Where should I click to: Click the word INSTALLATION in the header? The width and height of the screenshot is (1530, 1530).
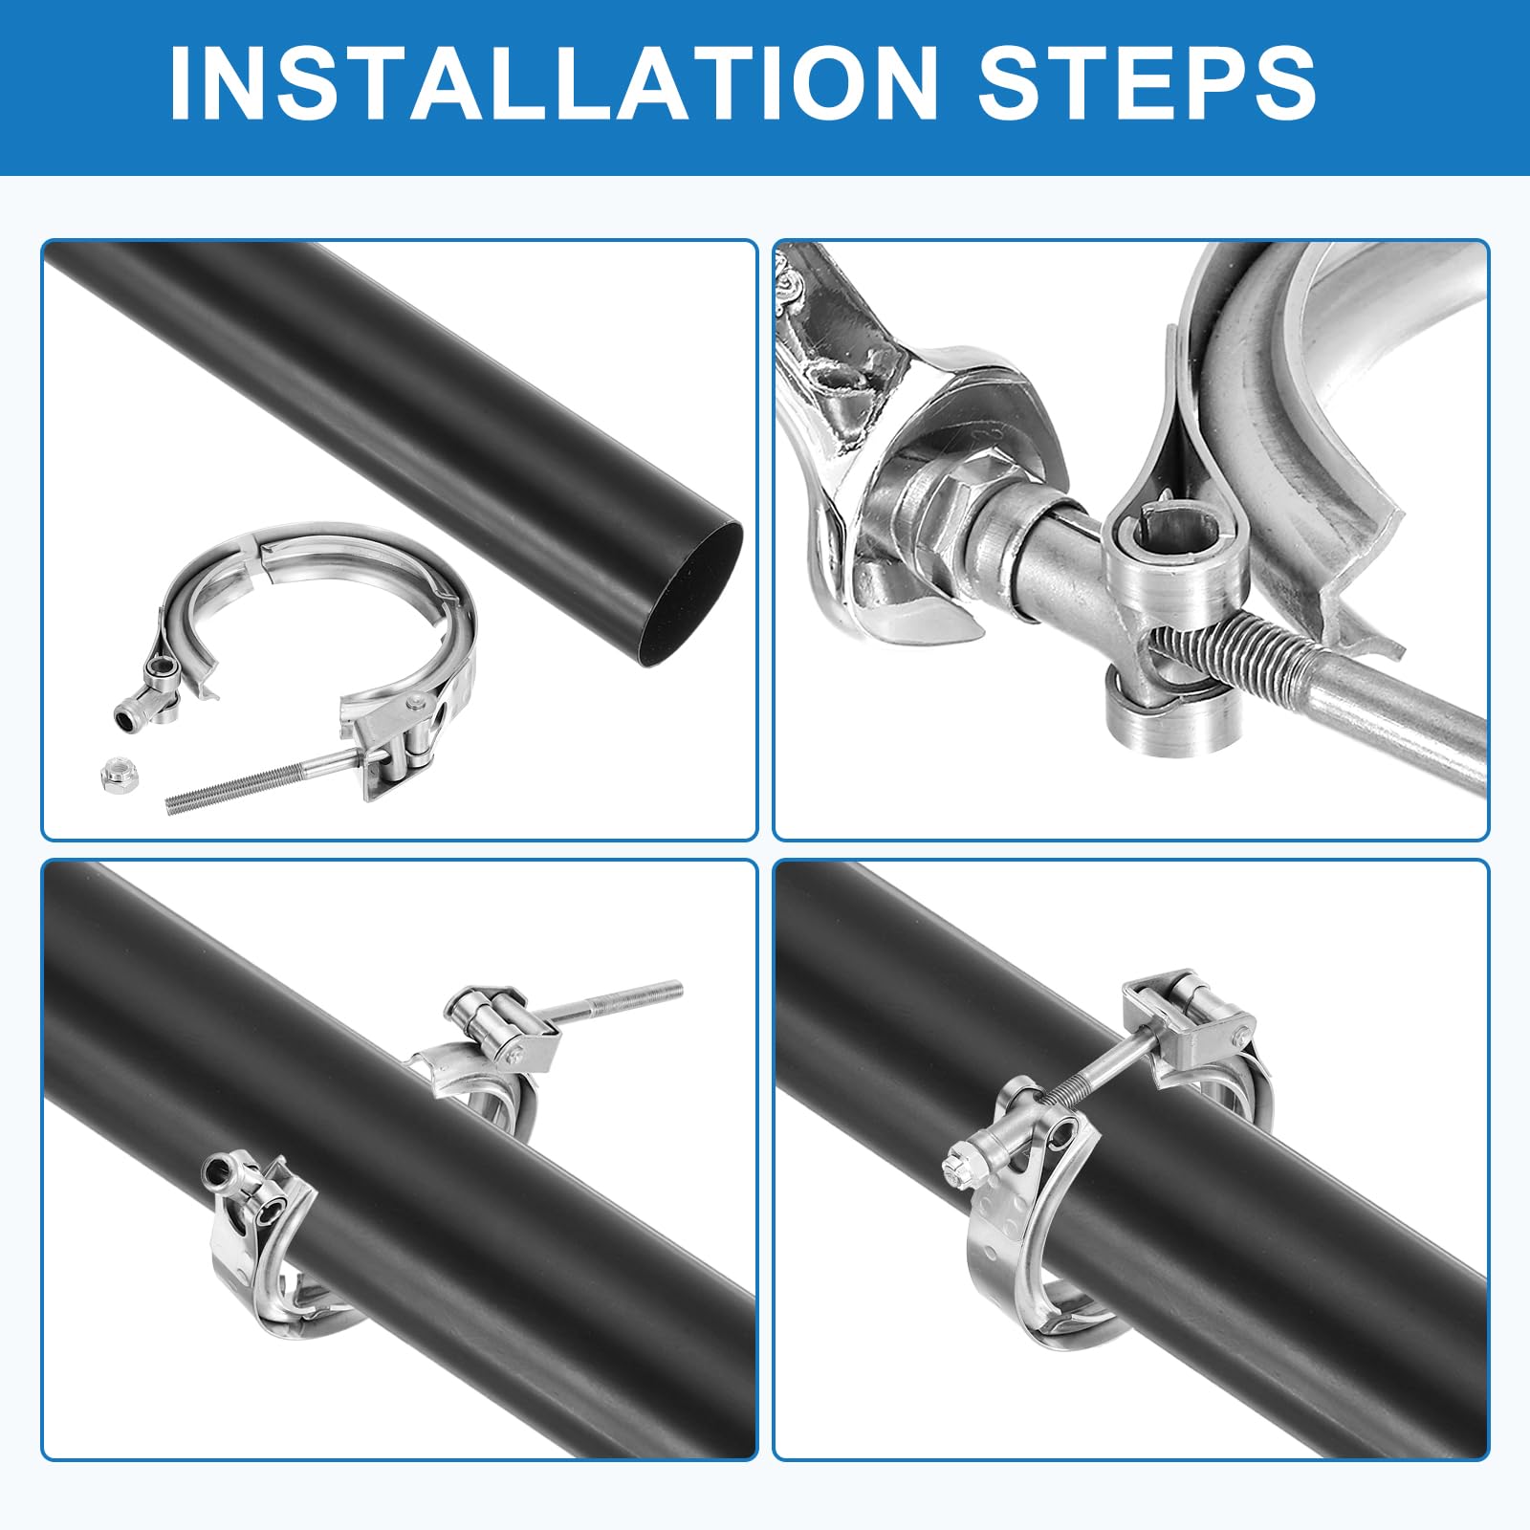[553, 83]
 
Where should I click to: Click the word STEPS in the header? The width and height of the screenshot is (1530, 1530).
[1146, 83]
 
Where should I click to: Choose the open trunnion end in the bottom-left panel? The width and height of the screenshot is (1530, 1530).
[217, 1168]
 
